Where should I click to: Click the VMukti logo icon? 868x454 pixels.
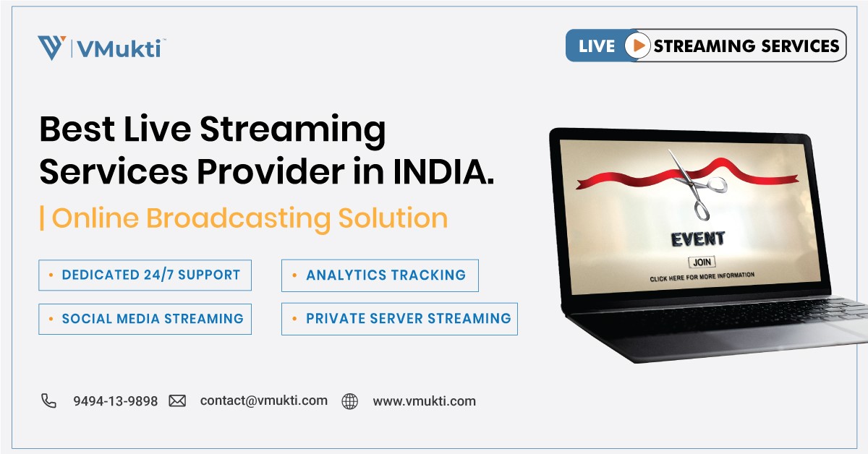click(x=51, y=48)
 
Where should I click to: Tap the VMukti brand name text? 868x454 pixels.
click(x=122, y=48)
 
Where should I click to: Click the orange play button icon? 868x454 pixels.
click(x=637, y=46)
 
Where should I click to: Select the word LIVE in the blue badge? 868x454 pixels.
click(x=597, y=46)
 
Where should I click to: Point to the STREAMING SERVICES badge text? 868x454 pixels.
click(x=746, y=46)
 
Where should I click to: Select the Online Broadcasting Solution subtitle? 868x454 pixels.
click(x=250, y=218)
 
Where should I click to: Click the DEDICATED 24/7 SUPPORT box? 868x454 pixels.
click(x=145, y=275)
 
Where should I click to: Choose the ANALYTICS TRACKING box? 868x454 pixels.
click(x=380, y=275)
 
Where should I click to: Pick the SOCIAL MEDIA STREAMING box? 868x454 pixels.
click(x=145, y=319)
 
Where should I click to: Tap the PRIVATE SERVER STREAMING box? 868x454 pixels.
click(x=399, y=319)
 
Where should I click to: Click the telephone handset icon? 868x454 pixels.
click(x=48, y=401)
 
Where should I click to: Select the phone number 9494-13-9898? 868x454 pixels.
click(x=115, y=401)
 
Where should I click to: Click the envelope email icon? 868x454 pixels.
click(x=177, y=401)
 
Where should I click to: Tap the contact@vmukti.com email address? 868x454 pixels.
click(x=263, y=401)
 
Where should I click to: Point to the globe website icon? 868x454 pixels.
click(x=350, y=401)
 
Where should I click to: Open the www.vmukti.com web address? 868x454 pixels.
click(x=424, y=401)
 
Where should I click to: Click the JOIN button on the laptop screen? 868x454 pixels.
click(x=700, y=262)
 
